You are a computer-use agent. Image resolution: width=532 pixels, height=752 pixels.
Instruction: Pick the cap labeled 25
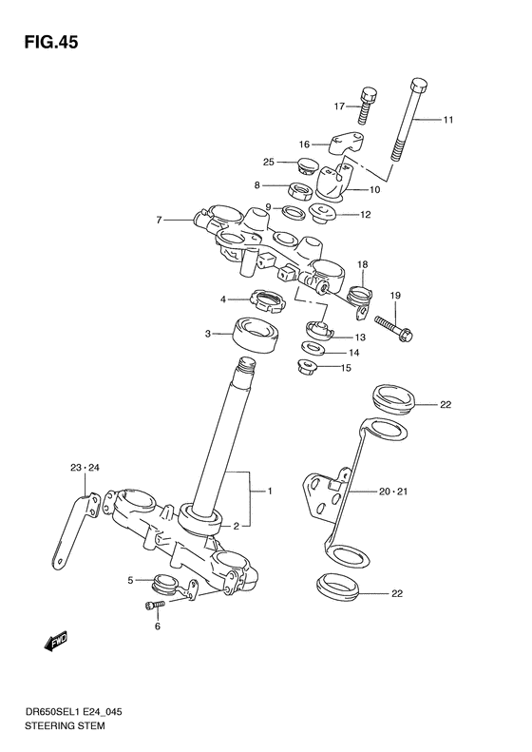click(307, 164)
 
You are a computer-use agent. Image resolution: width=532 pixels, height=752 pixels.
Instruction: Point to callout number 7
click(161, 221)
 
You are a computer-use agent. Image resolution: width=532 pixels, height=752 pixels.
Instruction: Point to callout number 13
click(360, 337)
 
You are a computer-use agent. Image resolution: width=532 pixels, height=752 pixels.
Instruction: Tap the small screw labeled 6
click(153, 606)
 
